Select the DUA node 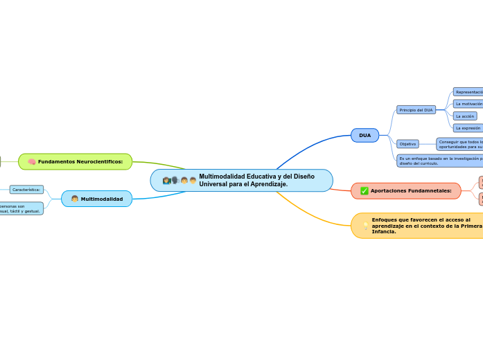pyautogui.click(x=365, y=135)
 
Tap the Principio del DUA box pyautogui.click(x=416, y=109)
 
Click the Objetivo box pyautogui.click(x=407, y=144)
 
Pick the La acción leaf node pyautogui.click(x=465, y=116)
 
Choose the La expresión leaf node pyautogui.click(x=468, y=128)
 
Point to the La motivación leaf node pyautogui.click(x=468, y=104)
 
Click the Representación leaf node pyautogui.click(x=468, y=91)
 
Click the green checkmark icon pyautogui.click(x=365, y=190)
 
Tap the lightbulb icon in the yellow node pyautogui.click(x=365, y=226)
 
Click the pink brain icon pyautogui.click(x=32, y=162)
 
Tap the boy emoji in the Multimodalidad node pyautogui.click(x=75, y=199)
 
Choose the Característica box pyautogui.click(x=26, y=189)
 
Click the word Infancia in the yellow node pyautogui.click(x=384, y=232)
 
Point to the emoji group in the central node pyautogui.click(x=179, y=181)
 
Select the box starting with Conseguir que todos pyautogui.click(x=459, y=144)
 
